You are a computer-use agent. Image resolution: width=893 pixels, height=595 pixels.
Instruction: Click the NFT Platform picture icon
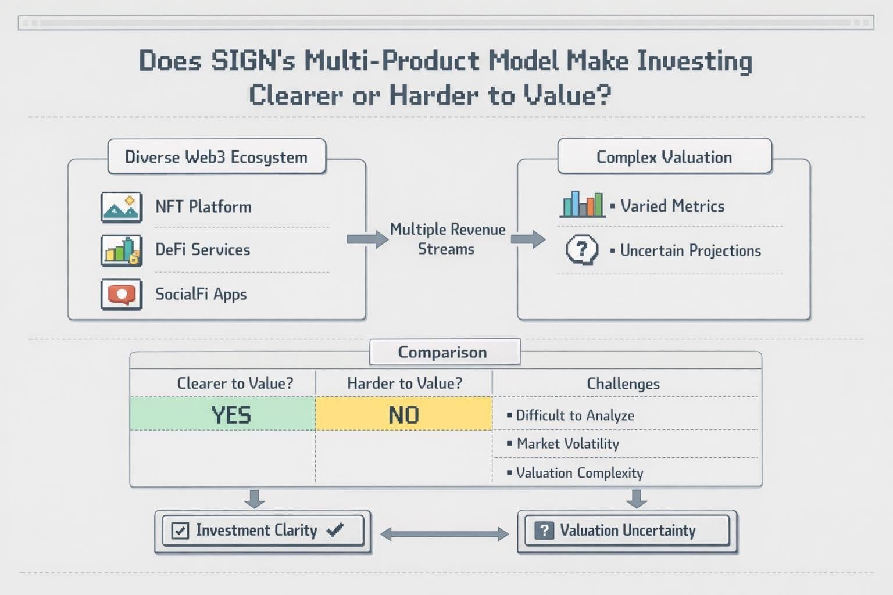tap(122, 207)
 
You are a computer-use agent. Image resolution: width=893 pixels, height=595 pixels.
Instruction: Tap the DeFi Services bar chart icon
tap(122, 250)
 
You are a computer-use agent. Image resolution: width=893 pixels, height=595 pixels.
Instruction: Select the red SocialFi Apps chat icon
tap(122, 295)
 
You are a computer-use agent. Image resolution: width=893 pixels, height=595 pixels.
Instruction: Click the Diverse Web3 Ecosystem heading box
tap(217, 157)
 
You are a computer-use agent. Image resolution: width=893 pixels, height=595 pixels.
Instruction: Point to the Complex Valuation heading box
tap(665, 156)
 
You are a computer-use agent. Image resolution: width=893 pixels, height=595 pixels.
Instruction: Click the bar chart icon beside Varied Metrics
tap(583, 204)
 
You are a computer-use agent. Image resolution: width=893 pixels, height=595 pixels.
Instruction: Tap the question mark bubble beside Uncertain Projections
tap(582, 250)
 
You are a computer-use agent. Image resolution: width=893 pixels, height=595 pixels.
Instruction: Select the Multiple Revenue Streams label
tap(447, 239)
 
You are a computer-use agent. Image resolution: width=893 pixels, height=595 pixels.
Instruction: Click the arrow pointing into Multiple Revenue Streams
tap(367, 239)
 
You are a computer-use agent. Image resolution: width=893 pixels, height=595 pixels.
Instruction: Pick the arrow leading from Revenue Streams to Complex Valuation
tap(528, 239)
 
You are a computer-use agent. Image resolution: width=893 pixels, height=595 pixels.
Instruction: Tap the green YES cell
tap(223, 414)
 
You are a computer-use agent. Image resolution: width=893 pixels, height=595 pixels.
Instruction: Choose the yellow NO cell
tap(404, 414)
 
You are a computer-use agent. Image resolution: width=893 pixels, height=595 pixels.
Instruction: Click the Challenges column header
tap(623, 383)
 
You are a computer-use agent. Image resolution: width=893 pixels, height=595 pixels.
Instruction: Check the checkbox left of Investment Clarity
tap(180, 531)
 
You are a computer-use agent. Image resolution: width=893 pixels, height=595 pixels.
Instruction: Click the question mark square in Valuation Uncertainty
tap(544, 531)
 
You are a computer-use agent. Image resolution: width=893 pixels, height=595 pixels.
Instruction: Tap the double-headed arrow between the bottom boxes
tap(445, 534)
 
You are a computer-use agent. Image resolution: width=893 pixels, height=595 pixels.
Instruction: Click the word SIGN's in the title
tap(253, 61)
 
